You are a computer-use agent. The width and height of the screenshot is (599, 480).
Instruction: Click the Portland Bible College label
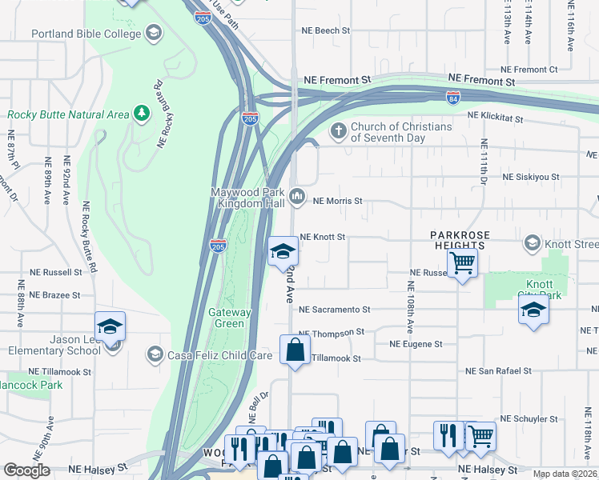point(86,34)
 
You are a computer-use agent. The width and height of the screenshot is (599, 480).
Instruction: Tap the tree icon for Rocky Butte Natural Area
point(142,114)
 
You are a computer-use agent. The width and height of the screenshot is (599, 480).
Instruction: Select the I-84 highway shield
point(453,97)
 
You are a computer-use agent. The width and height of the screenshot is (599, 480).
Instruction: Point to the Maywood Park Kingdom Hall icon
point(298,196)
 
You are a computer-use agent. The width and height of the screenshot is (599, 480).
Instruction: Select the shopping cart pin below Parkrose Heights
point(462,262)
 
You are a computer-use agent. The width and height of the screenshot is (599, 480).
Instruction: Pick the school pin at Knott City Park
point(533,310)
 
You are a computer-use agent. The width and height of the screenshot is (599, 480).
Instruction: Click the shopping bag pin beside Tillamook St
point(295,350)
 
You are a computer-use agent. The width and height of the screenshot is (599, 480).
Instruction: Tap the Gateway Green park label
point(230,318)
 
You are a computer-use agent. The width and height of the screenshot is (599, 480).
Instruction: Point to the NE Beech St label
point(325,30)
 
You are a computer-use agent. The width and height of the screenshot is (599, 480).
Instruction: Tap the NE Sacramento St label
point(334,309)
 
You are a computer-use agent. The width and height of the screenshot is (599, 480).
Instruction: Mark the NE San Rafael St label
point(499,371)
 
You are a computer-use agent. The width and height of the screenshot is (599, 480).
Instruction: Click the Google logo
point(26,470)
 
